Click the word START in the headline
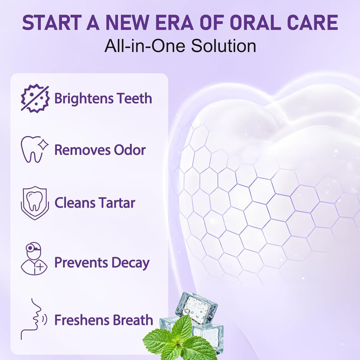[52, 22]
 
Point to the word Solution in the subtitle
[223, 46]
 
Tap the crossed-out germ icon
[35, 98]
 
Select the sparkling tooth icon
[35, 149]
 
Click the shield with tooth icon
[35, 203]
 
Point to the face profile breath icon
[33, 319]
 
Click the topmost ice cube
[196, 308]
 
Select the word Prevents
[81, 263]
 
